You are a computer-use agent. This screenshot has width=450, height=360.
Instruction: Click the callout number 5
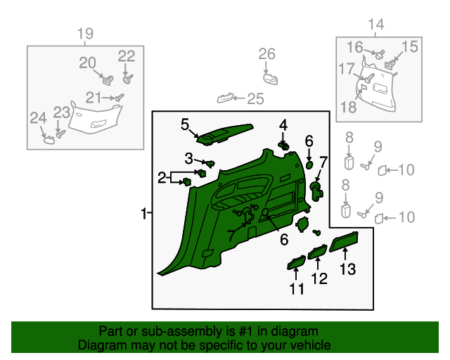(185, 125)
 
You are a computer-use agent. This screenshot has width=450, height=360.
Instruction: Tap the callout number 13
(348, 269)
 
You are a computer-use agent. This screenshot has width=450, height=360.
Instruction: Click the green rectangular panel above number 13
(344, 242)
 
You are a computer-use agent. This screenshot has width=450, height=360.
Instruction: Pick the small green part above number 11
(297, 262)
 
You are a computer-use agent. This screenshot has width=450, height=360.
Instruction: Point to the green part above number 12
(317, 252)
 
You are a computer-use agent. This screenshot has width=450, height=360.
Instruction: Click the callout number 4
(283, 125)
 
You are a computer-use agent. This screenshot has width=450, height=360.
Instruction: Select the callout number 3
(189, 158)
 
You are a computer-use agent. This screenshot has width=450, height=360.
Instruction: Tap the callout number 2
(162, 178)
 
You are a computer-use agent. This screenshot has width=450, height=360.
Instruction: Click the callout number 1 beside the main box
(143, 214)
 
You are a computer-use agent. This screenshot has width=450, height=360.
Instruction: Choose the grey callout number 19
(86, 34)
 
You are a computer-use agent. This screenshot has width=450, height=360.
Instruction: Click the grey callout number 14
(376, 25)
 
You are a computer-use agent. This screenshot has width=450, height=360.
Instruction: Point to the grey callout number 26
(267, 54)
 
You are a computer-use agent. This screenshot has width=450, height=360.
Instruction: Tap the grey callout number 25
(255, 98)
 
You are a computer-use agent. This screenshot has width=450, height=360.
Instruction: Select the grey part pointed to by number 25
(224, 98)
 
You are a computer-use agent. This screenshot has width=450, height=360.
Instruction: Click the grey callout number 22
(127, 56)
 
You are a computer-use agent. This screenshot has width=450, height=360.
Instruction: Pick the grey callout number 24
(39, 118)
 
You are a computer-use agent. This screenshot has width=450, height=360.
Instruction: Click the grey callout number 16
(355, 47)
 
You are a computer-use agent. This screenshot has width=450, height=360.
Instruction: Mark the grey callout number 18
(349, 107)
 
